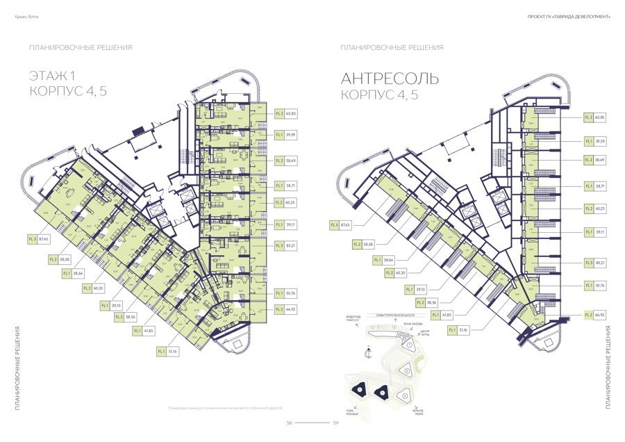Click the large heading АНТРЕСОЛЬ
click(390, 79)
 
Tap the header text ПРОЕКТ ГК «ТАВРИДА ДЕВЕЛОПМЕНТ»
click(569, 17)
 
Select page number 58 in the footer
click(290, 423)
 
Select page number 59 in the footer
click(335, 423)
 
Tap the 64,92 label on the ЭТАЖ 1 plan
click(290, 309)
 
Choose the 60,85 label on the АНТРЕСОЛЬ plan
click(600, 117)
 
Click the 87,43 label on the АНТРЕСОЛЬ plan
click(345, 224)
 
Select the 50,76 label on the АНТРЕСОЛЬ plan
click(600, 284)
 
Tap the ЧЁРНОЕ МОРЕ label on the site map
click(417, 412)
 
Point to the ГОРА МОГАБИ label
click(350, 412)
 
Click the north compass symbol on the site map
click(368, 354)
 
